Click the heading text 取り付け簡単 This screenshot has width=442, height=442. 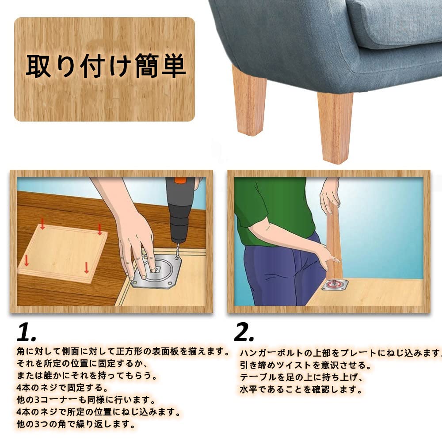pyautogui.click(x=105, y=67)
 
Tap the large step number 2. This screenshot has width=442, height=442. pyautogui.click(x=244, y=332)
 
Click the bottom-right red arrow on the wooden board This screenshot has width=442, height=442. pyautogui.click(x=87, y=267)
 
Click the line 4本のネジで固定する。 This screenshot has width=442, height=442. pyautogui.click(x=62, y=388)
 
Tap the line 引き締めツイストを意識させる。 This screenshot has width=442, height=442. pyautogui.click(x=305, y=365)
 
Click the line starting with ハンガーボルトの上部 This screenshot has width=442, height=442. pyautogui.click(x=340, y=353)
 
